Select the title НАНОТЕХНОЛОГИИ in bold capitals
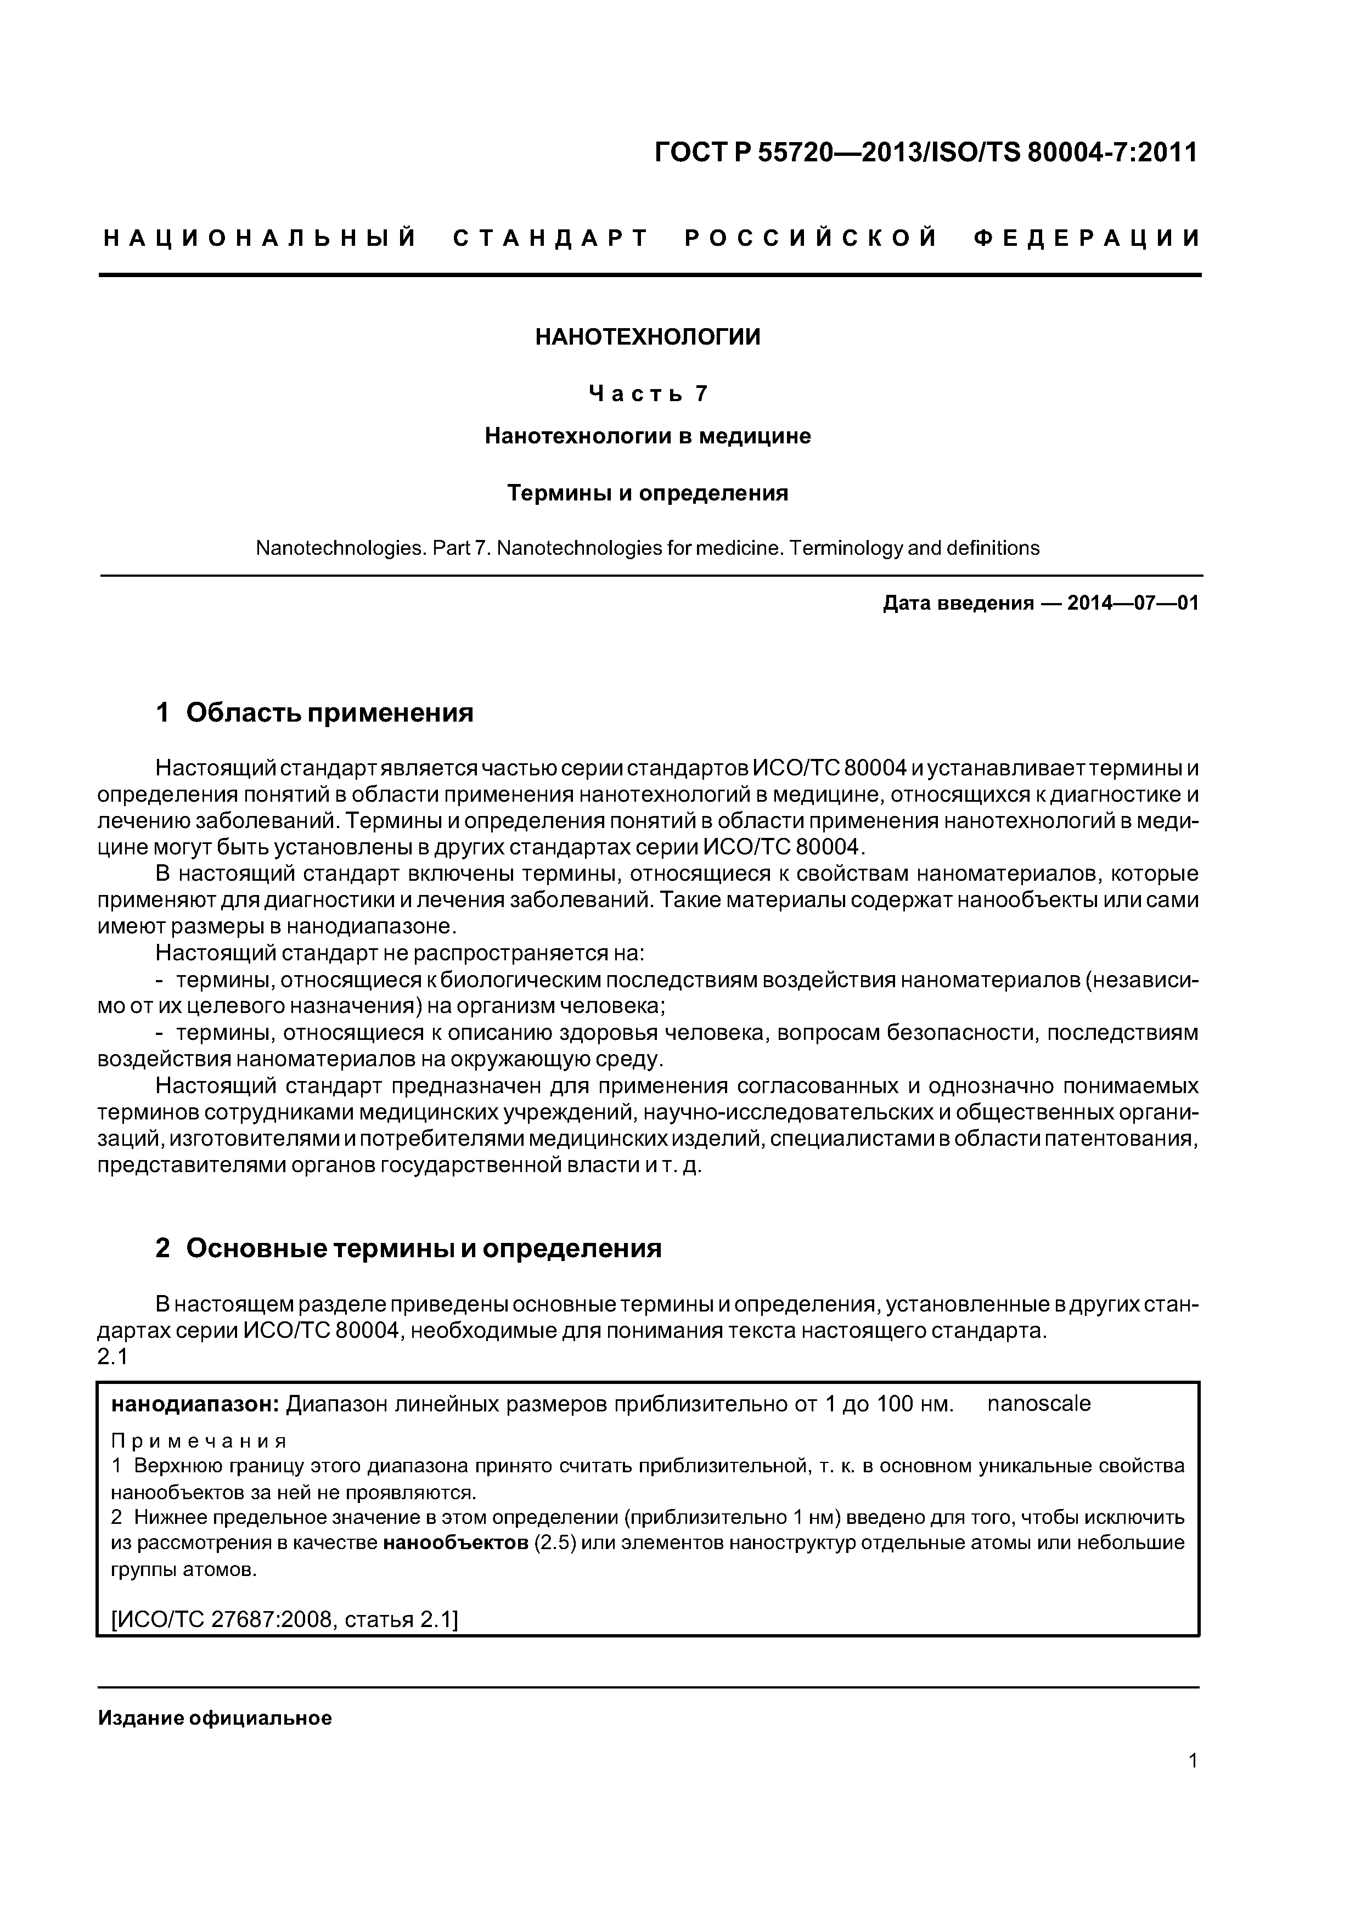pos(648,337)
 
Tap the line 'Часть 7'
pos(648,393)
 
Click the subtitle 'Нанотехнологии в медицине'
pos(648,436)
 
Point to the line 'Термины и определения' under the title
pos(648,493)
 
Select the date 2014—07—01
pos(1132,603)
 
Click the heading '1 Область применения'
pos(314,713)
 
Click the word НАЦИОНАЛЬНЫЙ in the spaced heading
pos(260,239)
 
